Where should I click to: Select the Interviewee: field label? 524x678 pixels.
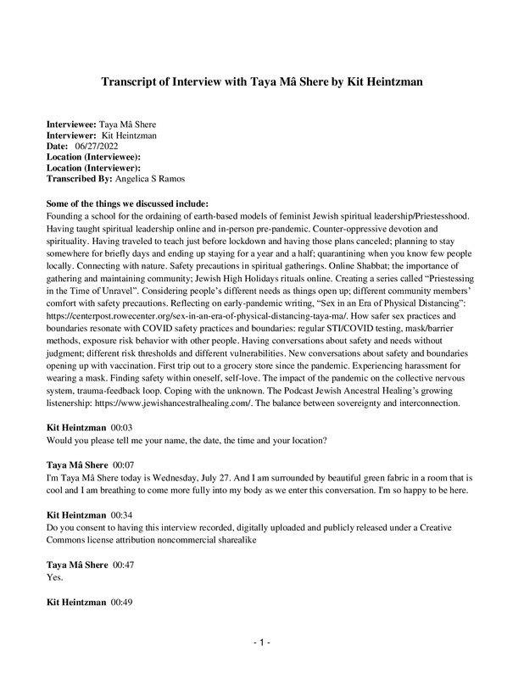point(71,124)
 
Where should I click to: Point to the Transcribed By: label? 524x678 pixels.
point(84,179)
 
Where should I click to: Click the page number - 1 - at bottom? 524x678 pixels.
point(261,644)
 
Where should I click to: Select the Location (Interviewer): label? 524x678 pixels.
point(92,168)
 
